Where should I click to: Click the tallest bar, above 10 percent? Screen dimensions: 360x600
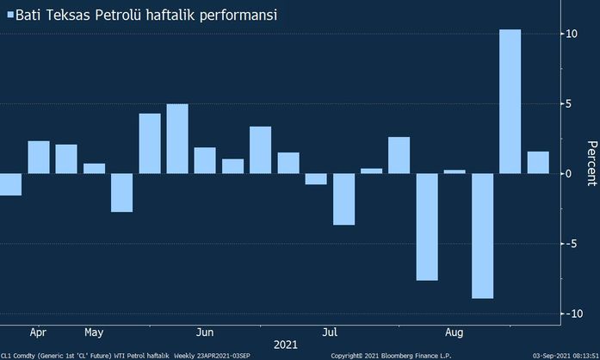510,102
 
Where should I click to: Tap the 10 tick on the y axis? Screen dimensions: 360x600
571,34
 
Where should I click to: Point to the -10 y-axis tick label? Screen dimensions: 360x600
568,313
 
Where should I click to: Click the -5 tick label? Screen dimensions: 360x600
570,244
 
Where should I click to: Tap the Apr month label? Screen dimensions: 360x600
38,332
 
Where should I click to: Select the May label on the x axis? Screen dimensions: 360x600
95,332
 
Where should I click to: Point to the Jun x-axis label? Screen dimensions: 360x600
205,332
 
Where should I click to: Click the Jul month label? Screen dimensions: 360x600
330,332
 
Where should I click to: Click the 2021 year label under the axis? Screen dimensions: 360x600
286,345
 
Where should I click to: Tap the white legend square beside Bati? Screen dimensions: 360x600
10,16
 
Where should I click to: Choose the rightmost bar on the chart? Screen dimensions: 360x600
538,163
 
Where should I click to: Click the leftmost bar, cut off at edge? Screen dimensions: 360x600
10,184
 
